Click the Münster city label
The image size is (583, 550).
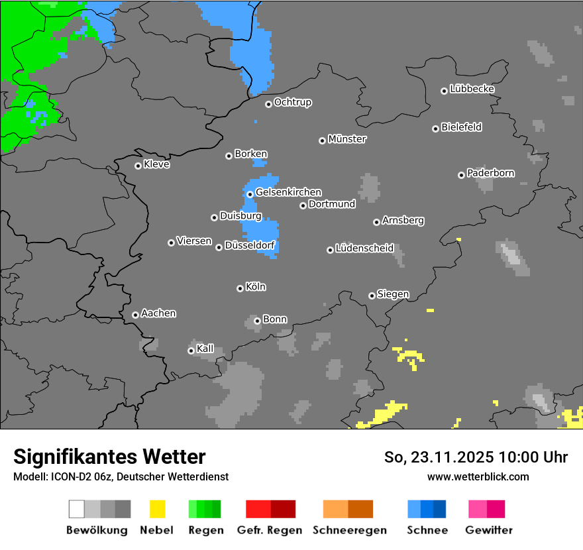click(347, 139)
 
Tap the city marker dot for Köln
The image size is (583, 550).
click(240, 288)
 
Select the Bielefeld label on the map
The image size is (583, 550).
click(462, 127)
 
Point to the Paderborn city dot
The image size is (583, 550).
click(461, 175)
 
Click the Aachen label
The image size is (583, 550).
click(158, 313)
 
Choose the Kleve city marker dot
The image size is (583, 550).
click(138, 166)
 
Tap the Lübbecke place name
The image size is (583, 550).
click(472, 89)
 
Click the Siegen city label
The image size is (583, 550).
click(393, 294)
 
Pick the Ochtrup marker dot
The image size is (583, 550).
click(268, 103)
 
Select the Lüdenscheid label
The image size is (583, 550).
click(364, 248)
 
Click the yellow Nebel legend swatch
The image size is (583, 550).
click(157, 509)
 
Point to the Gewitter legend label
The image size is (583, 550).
click(489, 530)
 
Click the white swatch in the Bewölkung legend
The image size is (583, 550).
click(77, 509)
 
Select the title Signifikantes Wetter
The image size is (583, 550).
click(109, 457)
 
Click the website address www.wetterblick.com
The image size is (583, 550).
click(478, 476)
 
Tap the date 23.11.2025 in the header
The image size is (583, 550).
click(447, 457)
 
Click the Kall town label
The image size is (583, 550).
click(205, 349)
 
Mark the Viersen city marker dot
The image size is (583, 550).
click(171, 243)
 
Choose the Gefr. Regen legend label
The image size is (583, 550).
click(270, 530)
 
